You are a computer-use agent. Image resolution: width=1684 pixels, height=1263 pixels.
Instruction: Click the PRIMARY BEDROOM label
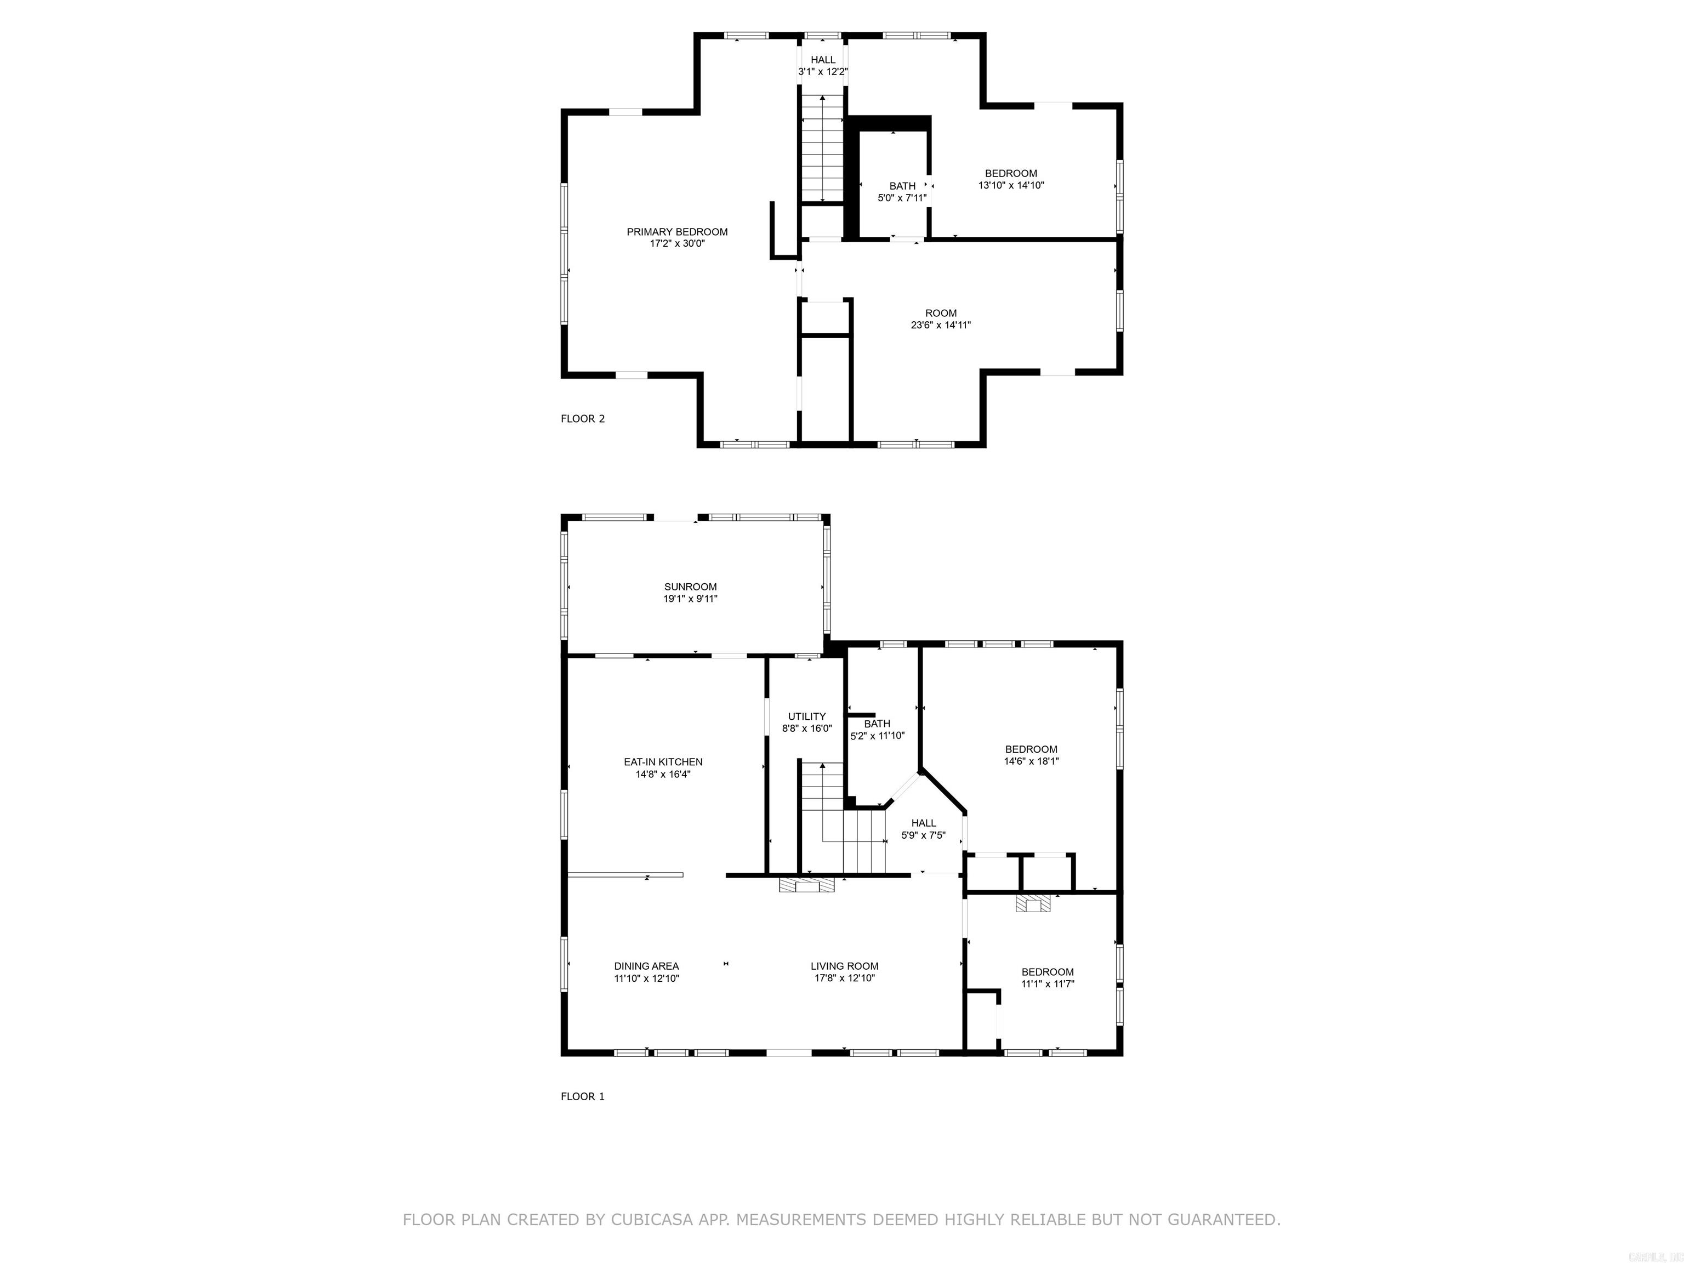click(677, 231)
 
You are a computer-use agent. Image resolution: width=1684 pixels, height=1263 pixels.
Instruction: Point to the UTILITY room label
click(806, 715)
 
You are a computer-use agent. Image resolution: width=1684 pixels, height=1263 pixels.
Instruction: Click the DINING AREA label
click(646, 965)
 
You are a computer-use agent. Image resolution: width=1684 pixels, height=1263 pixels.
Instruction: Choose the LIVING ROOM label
click(844, 965)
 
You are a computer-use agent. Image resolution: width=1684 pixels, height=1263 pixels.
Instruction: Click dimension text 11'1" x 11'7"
click(1048, 983)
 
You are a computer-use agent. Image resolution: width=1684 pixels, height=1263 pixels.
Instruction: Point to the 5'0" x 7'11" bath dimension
click(902, 198)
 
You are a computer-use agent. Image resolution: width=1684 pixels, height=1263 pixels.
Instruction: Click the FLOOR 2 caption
click(582, 418)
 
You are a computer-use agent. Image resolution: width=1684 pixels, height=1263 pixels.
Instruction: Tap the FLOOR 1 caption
click(582, 1096)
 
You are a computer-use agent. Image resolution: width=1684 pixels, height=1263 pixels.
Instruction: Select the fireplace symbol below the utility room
click(806, 885)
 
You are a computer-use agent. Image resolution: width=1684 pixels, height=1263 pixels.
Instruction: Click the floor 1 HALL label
click(924, 822)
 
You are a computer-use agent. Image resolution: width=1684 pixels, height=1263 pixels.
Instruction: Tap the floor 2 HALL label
click(822, 59)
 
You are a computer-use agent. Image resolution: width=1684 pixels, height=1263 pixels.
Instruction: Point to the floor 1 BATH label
click(877, 723)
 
